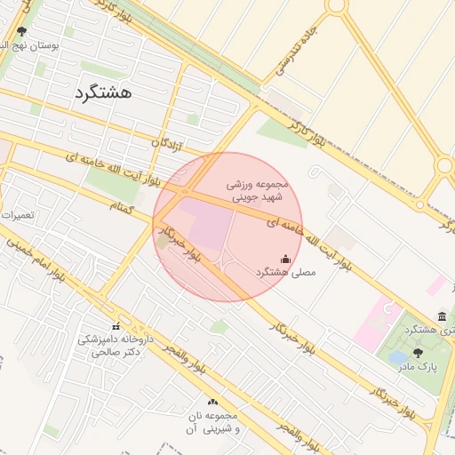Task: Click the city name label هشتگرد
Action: click(x=104, y=92)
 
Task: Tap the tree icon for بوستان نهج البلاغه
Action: click(x=22, y=32)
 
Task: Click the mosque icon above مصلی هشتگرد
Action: click(x=285, y=259)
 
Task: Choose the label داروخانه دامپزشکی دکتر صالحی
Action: click(x=116, y=346)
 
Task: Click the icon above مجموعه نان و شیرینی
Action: click(x=212, y=403)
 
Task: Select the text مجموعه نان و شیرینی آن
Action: click(x=212, y=422)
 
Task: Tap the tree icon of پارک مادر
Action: click(x=418, y=353)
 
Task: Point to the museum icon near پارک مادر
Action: click(x=442, y=317)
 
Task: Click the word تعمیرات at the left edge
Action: click(x=18, y=215)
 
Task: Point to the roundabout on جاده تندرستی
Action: click(x=337, y=5)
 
